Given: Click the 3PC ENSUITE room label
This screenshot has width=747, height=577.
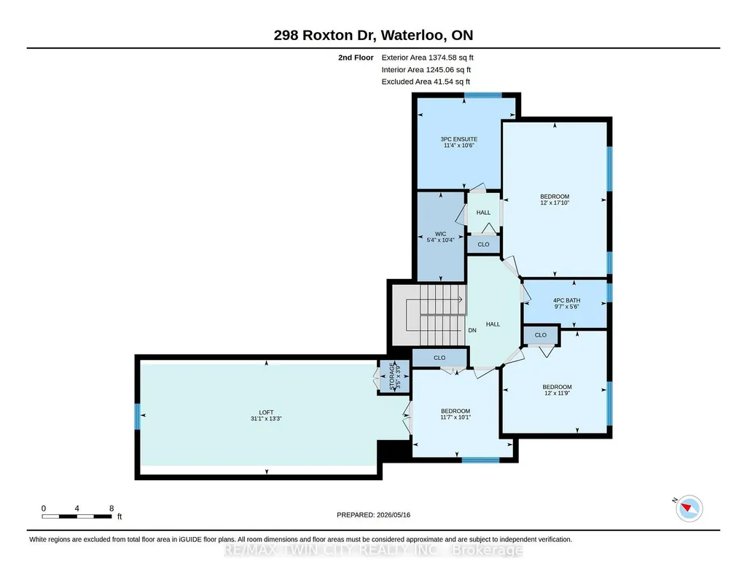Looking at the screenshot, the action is point(459,139).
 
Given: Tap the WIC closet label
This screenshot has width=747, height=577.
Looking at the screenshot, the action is point(441,234).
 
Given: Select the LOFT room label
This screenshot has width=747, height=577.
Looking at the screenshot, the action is point(266,412).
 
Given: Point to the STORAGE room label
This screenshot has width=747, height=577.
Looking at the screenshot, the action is point(392,376).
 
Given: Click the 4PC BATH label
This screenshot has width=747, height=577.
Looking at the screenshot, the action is point(566,300).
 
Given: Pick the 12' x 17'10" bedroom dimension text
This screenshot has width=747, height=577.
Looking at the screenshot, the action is point(555,203).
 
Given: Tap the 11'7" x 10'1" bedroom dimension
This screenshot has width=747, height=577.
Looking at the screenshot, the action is point(455,417).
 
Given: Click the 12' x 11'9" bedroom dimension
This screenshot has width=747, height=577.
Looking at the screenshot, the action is point(557,393).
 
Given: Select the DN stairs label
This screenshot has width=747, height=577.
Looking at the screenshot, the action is point(472,331).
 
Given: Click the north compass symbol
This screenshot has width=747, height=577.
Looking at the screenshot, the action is point(689,509).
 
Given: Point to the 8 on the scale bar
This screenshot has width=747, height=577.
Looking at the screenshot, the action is point(112,509).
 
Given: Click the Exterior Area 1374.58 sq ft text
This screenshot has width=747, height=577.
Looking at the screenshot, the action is point(427,58).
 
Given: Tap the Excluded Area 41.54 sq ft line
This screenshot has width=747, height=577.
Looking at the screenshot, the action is point(426,82).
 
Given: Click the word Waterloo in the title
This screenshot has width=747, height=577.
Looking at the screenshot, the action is point(412,35).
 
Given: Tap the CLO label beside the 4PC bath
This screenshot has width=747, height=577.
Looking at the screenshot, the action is point(540,335).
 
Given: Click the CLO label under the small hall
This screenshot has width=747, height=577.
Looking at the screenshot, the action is point(483,244).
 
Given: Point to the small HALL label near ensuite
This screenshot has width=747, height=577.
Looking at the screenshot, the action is point(483,213).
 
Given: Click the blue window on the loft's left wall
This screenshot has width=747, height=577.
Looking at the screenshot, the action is point(138,417).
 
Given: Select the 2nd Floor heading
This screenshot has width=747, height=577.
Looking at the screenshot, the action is point(356,58).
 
